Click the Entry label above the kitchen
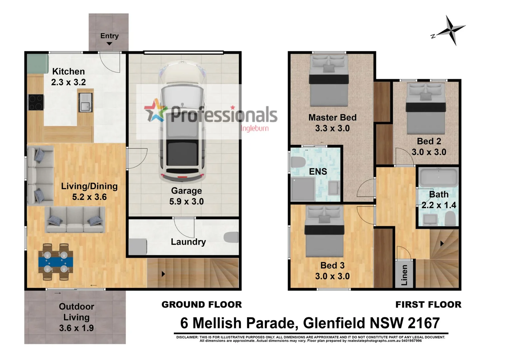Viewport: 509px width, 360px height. (109, 36)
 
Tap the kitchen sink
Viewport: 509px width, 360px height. (85, 102)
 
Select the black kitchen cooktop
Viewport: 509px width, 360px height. (36, 102)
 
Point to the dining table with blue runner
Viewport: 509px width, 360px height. (56, 262)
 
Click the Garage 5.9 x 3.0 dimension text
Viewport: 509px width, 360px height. (186, 201)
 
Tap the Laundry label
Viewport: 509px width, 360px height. (188, 242)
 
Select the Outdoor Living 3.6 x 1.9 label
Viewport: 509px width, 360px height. (76, 317)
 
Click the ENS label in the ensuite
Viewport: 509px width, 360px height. (318, 171)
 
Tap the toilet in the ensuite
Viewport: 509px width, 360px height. (298, 162)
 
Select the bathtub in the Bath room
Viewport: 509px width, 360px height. (438, 177)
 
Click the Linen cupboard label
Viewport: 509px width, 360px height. (404, 275)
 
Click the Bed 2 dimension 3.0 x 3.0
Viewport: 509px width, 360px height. (429, 152)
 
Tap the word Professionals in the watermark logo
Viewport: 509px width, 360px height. (224, 114)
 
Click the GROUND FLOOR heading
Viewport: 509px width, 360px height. (202, 304)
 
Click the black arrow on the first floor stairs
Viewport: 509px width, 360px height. (442, 244)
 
